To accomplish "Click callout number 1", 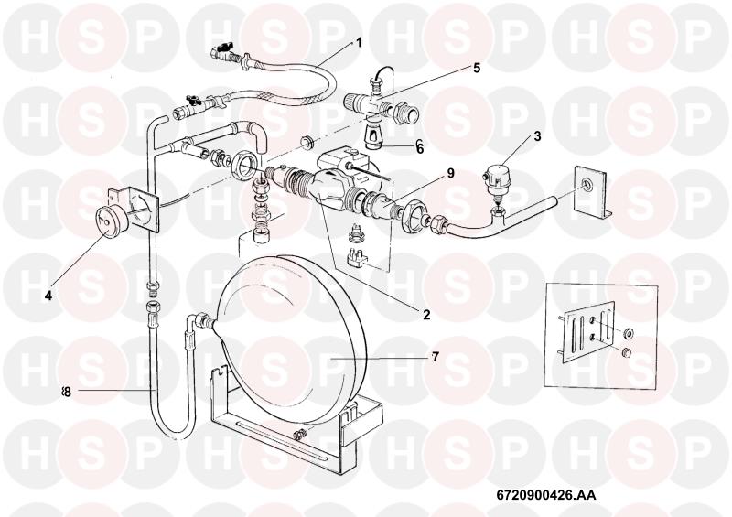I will click(359, 42).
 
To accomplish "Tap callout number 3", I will click(537, 136).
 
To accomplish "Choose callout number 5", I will click(476, 67).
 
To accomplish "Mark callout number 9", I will click(450, 173).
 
